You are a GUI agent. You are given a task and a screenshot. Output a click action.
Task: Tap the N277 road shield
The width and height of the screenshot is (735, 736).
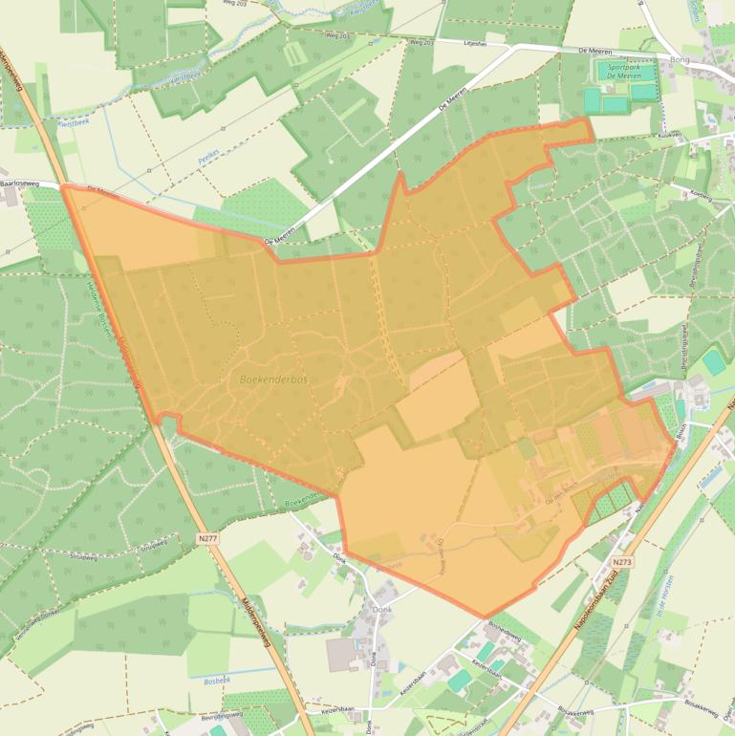208,539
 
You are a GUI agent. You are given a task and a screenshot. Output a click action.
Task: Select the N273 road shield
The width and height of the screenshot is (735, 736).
622,563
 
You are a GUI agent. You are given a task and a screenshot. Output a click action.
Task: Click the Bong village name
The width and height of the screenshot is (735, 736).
680,60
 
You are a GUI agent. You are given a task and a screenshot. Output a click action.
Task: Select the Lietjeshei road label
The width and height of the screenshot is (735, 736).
474,43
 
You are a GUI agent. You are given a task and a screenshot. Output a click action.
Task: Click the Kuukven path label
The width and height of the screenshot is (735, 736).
670,136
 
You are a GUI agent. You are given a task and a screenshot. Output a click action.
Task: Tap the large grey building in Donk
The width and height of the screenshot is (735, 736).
341,655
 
